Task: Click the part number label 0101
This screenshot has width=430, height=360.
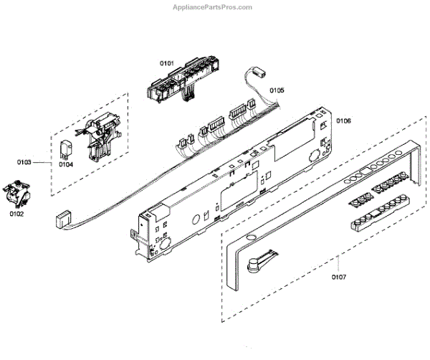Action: pyautogui.click(x=166, y=64)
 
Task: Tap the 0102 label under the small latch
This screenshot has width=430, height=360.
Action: pyautogui.click(x=16, y=213)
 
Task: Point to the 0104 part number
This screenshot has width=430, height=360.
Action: pyautogui.click(x=66, y=164)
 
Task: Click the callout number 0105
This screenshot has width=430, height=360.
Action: pyautogui.click(x=277, y=90)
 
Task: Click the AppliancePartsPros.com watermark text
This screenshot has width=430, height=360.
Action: pyautogui.click(x=213, y=7)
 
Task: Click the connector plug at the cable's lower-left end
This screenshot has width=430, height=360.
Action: pyautogui.click(x=62, y=219)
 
